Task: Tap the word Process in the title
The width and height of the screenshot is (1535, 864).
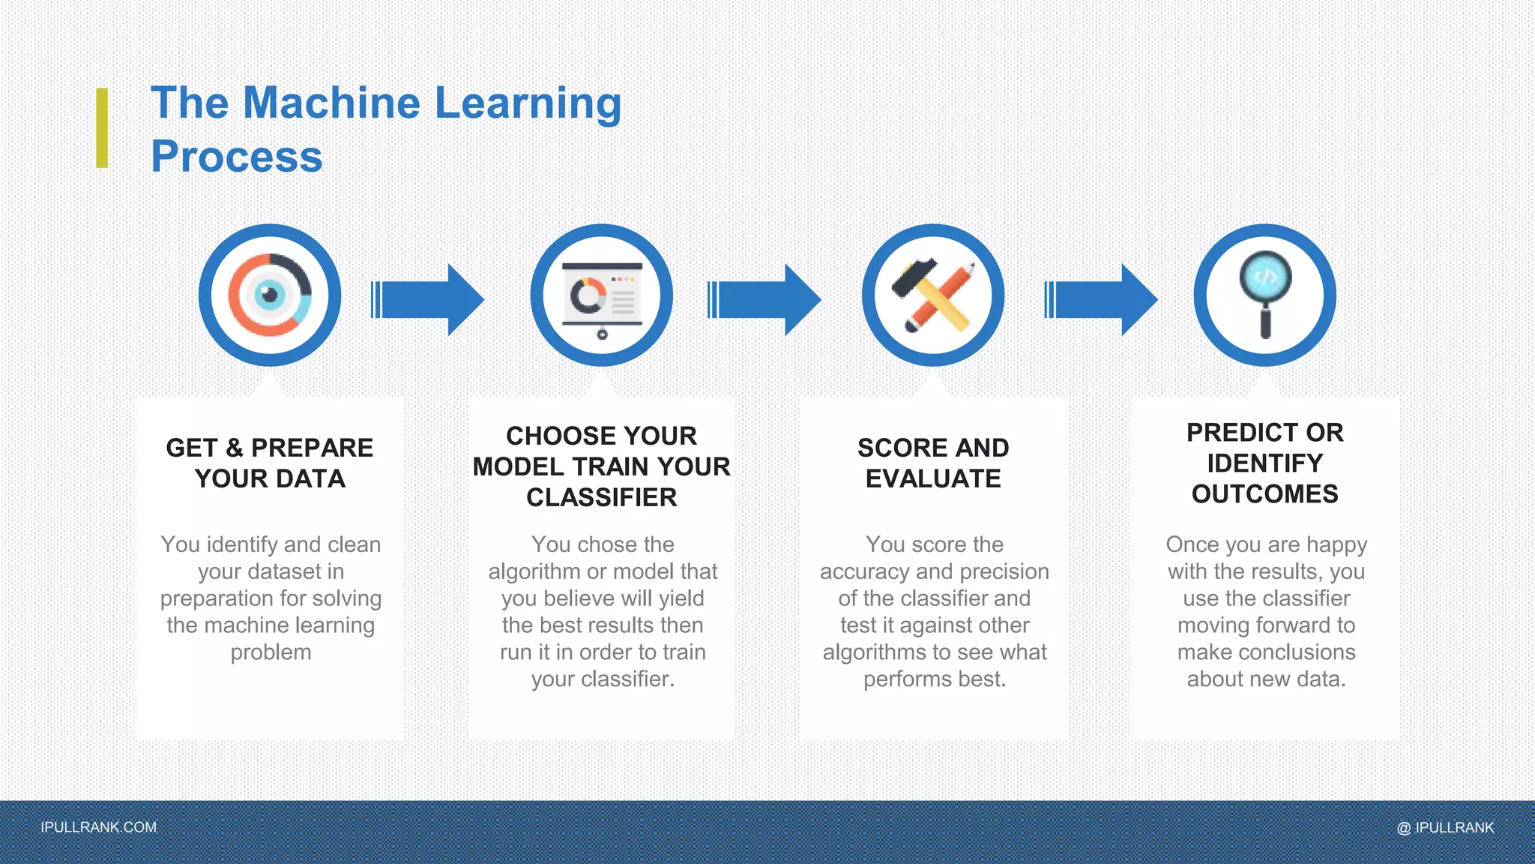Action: [237, 157]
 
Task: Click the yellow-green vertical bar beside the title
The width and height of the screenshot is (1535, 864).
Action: [102, 127]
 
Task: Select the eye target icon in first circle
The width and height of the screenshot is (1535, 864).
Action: [270, 295]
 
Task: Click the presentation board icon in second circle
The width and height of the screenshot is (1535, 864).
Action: [602, 295]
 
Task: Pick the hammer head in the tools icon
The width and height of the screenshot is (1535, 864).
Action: [914, 277]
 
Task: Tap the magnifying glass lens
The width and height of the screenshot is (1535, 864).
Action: [1265, 276]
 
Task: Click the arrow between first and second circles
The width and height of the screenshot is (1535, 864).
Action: [428, 299]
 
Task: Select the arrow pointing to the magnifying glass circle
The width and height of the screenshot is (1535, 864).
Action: [1101, 299]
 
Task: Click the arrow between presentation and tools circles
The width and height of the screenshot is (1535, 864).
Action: [765, 299]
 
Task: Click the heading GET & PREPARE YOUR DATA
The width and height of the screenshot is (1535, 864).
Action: [270, 463]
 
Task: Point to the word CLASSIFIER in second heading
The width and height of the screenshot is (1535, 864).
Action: [602, 497]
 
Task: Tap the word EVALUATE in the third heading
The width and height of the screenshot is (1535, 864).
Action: [933, 478]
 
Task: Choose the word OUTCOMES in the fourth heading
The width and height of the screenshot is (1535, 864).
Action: [1265, 493]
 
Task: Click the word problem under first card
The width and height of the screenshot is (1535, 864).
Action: [271, 652]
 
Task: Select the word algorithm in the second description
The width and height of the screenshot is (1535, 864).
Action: [534, 571]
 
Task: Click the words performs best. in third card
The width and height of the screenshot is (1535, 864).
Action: [934, 679]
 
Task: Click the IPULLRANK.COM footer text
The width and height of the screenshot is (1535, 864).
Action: [99, 827]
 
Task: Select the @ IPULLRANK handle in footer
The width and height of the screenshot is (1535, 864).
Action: [1445, 827]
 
